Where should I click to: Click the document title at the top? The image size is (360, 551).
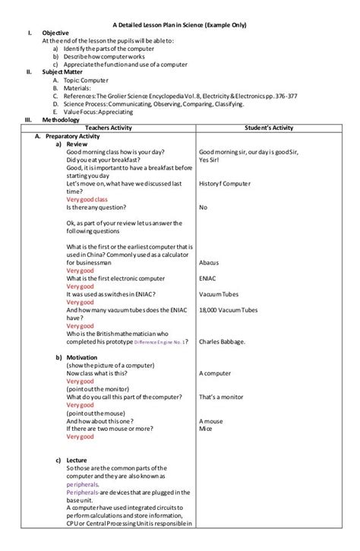click(179, 25)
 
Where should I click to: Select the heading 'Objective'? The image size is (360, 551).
click(55, 33)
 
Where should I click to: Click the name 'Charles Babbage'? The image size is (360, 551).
click(222, 342)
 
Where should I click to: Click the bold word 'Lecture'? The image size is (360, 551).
click(79, 461)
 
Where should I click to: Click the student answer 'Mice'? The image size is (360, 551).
click(205, 429)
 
